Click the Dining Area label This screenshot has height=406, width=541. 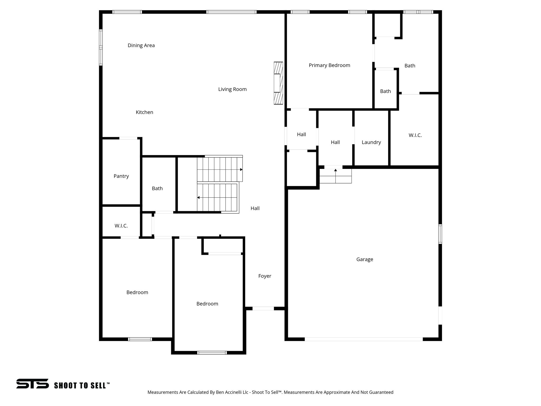click(141, 45)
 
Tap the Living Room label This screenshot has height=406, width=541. click(232, 89)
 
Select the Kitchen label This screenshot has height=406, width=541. click(144, 112)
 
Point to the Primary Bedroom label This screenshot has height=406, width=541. click(329, 65)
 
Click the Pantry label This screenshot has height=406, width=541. click(121, 176)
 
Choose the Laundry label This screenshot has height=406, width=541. click(371, 142)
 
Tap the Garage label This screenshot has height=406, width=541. click(365, 260)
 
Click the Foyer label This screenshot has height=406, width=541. click(265, 276)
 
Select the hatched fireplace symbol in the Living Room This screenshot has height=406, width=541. click(278, 83)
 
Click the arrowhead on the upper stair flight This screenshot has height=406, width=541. click(241, 169)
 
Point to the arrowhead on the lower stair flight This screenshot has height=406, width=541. click(198, 197)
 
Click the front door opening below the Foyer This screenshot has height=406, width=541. click(263, 308)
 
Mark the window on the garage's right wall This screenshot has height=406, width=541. click(440, 234)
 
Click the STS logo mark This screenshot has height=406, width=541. click(32, 384)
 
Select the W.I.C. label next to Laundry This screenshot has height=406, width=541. click(415, 135)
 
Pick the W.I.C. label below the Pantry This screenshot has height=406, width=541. click(121, 226)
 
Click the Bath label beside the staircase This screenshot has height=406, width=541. click(157, 188)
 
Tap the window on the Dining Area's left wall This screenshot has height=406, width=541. click(101, 47)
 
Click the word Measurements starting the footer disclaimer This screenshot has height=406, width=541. click(163, 392)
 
